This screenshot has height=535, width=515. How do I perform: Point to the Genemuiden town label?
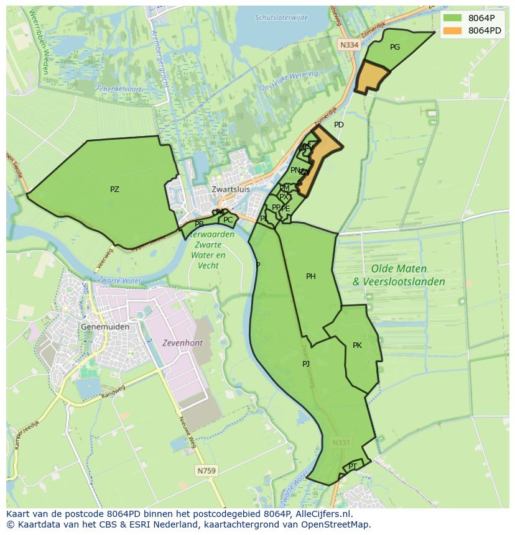click(105, 326)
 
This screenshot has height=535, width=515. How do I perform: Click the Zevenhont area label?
click(182, 342)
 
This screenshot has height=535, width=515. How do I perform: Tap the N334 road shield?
click(349, 45)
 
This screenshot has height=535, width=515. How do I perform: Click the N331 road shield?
click(341, 443)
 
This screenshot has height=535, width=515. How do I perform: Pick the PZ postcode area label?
click(114, 190)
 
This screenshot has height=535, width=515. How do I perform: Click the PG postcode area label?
click(395, 47)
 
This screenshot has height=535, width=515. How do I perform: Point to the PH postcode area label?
click(311, 277)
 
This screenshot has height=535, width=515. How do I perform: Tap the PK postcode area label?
click(357, 345)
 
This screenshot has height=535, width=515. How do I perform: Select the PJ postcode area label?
click(306, 364)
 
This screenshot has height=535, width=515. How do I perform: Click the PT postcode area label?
click(353, 466)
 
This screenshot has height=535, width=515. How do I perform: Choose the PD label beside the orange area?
click(338, 125)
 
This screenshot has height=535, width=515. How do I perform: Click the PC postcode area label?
click(228, 220)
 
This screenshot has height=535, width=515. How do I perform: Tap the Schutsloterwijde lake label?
click(281, 17)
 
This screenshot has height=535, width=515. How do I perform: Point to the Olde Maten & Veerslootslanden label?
click(399, 275)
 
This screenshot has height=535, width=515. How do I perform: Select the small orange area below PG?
click(371, 78)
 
